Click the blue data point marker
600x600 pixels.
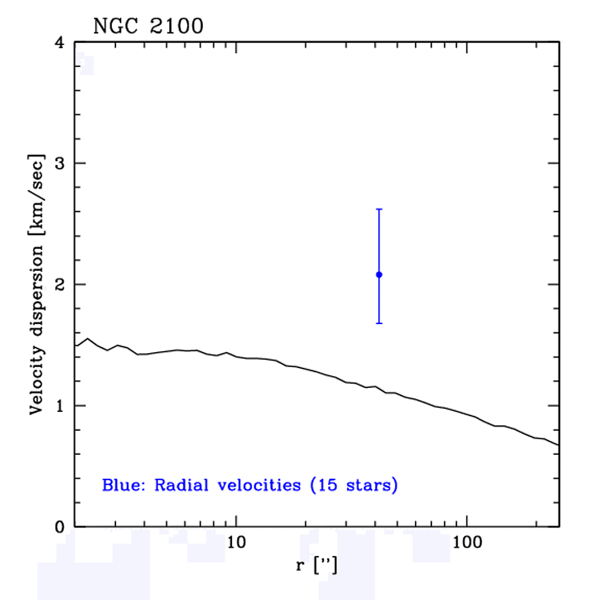(x=379, y=274)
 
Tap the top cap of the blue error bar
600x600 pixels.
(x=379, y=209)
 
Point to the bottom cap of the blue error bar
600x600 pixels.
(x=379, y=323)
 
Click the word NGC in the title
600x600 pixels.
(x=115, y=26)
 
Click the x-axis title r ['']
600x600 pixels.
(x=316, y=566)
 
